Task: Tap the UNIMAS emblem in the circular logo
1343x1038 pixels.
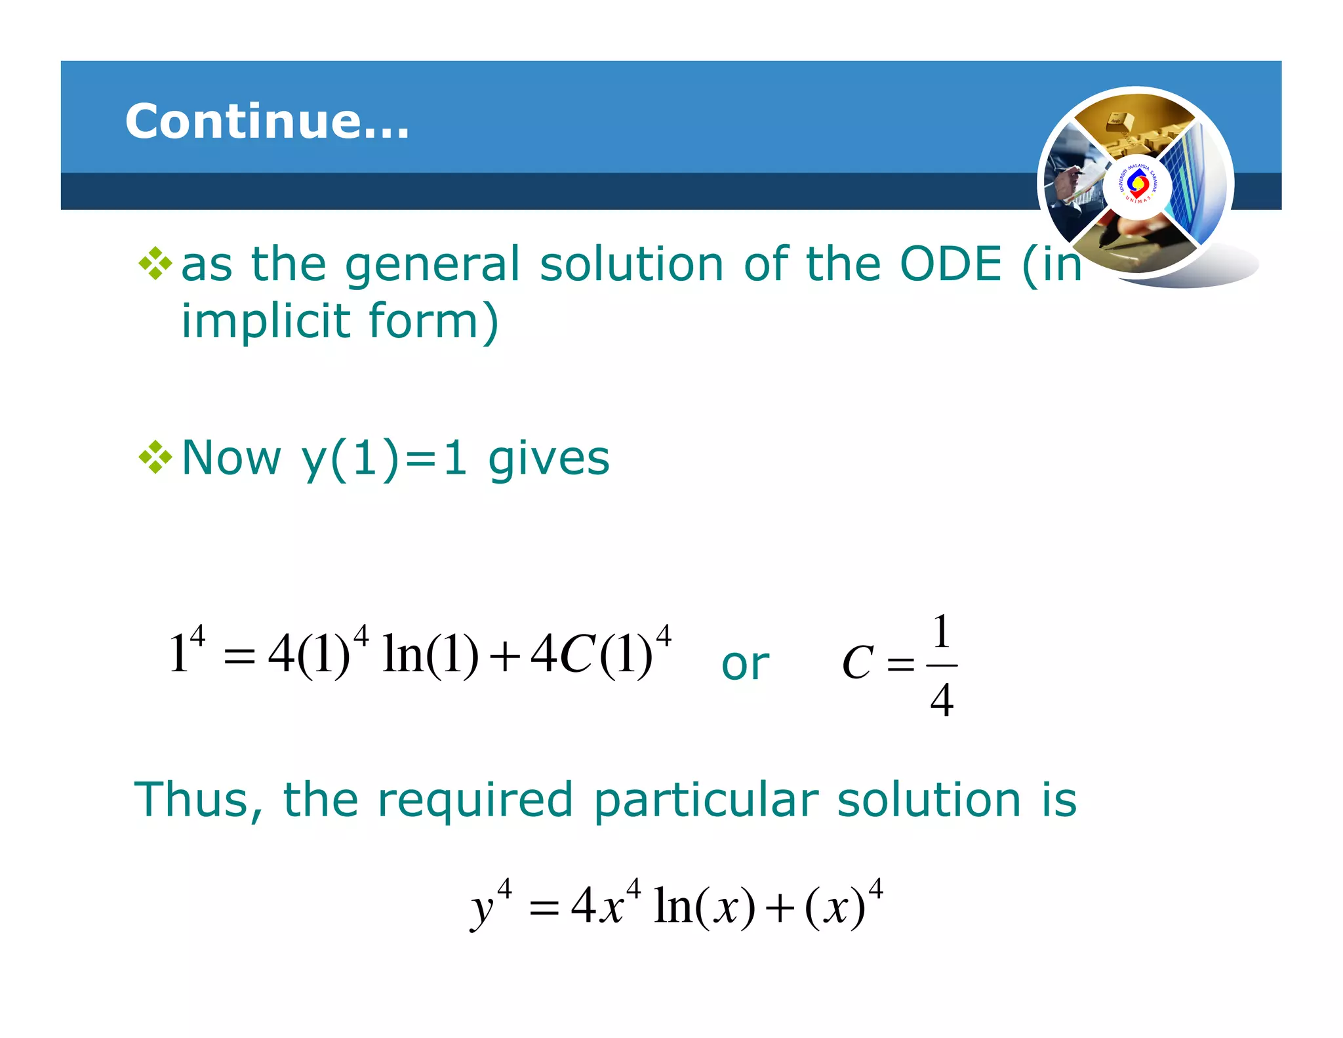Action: click(x=1137, y=184)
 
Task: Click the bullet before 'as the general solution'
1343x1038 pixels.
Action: click(x=155, y=264)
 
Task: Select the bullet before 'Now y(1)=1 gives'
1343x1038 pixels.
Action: click(x=155, y=457)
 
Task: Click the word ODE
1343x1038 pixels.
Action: click(x=951, y=264)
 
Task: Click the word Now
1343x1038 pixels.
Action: click(x=231, y=457)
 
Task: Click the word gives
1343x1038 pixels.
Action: click(x=549, y=459)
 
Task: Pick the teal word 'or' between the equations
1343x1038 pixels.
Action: click(x=745, y=664)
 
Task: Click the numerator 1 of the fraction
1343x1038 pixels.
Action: click(x=942, y=633)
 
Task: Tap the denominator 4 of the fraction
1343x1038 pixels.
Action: click(x=942, y=700)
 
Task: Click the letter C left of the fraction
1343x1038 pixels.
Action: click(x=858, y=663)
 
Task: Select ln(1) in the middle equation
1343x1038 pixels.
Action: click(x=430, y=655)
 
